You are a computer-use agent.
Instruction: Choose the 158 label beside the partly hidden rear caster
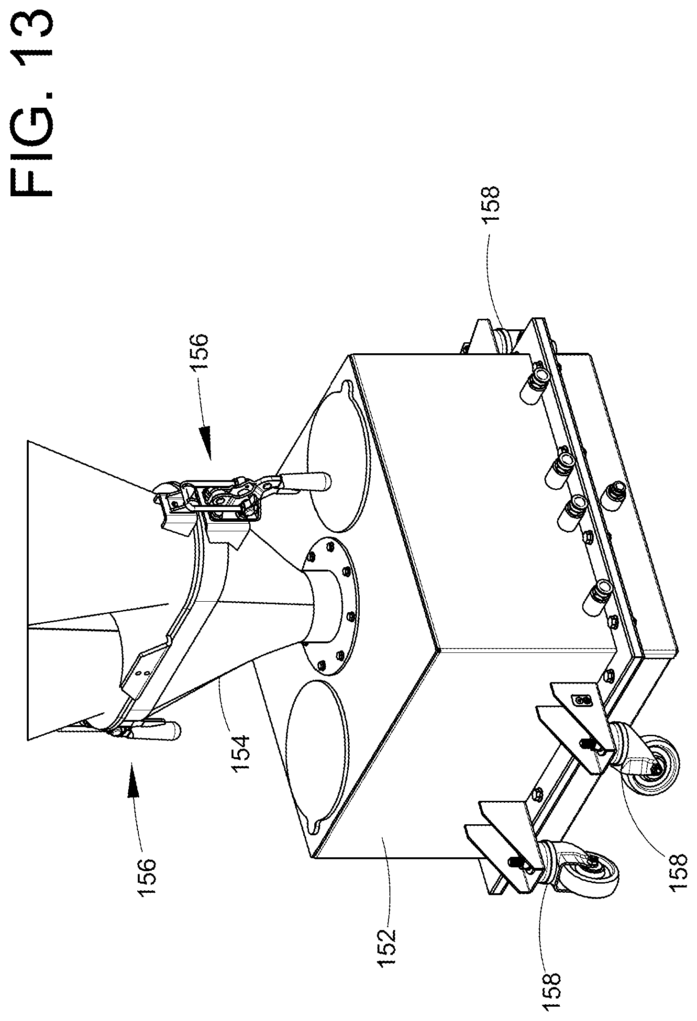pos(490,203)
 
